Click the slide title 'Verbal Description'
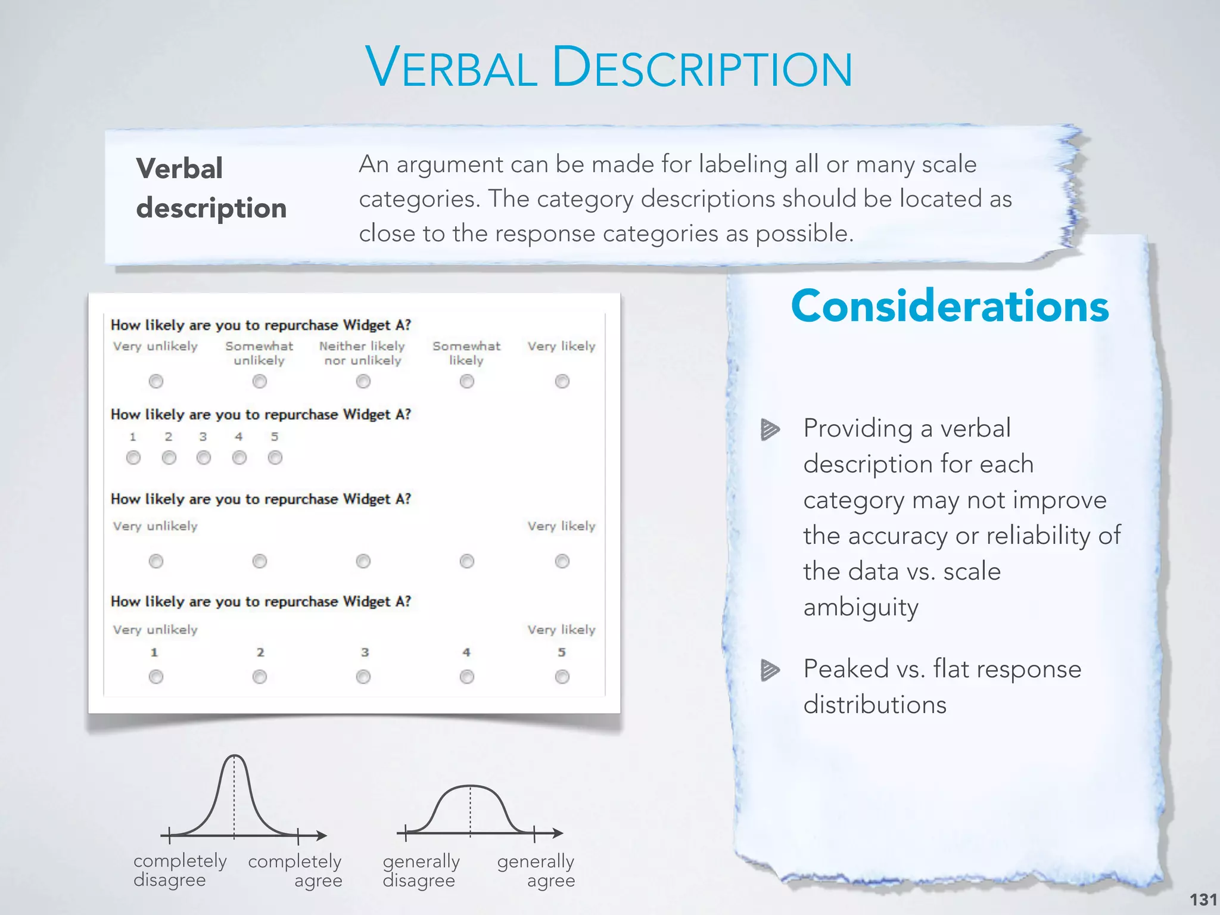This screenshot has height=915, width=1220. coord(609,67)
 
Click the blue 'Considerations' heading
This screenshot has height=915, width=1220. coord(950,306)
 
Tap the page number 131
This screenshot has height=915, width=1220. coord(1203,899)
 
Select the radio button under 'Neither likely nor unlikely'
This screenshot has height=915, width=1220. coord(363,381)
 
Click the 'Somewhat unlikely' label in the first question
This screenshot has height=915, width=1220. coord(259,353)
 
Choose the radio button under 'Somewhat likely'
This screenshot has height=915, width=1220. coord(466,381)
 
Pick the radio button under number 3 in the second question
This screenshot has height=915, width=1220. coord(204,457)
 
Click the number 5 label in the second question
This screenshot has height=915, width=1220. coord(275,437)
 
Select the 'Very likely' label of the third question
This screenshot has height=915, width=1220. coord(561,526)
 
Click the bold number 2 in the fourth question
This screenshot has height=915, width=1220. coord(260,652)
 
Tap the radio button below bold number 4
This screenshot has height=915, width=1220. coord(466,677)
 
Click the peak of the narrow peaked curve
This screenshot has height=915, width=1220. coord(235,757)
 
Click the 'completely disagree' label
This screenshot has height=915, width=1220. coord(180,870)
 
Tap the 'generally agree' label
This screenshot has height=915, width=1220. coord(536,870)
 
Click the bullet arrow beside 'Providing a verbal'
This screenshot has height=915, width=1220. coord(770,429)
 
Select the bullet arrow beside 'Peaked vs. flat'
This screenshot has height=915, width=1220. coord(770,670)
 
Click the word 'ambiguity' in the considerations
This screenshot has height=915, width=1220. coord(861,608)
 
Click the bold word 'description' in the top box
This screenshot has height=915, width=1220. coord(211,208)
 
